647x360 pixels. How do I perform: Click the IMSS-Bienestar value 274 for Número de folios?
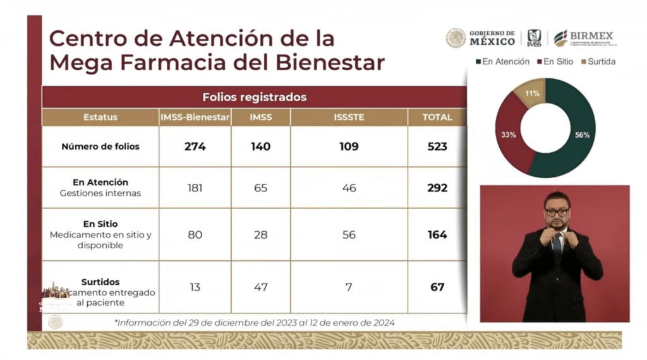pyautogui.click(x=195, y=147)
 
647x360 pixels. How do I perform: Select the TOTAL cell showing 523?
pyautogui.click(x=437, y=147)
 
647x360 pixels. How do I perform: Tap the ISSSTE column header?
pyautogui.click(x=348, y=117)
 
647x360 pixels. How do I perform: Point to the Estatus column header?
pyautogui.click(x=100, y=117)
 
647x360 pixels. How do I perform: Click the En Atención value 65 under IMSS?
pyautogui.click(x=260, y=188)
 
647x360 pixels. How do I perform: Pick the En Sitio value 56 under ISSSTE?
pyautogui.click(x=348, y=235)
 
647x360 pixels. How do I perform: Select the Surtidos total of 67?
pyautogui.click(x=437, y=287)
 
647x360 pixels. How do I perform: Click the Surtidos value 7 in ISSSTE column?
pyautogui.click(x=348, y=287)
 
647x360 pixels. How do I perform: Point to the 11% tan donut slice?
pyautogui.click(x=533, y=93)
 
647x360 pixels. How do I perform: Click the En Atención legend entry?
pyautogui.click(x=502, y=62)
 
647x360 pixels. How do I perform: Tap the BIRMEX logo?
pyautogui.click(x=583, y=38)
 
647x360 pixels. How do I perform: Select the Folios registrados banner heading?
pyautogui.click(x=254, y=97)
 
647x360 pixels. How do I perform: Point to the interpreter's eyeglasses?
pyautogui.click(x=557, y=212)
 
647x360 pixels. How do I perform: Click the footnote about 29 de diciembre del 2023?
pyautogui.click(x=255, y=323)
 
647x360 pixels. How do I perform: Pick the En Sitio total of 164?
pyautogui.click(x=437, y=235)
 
